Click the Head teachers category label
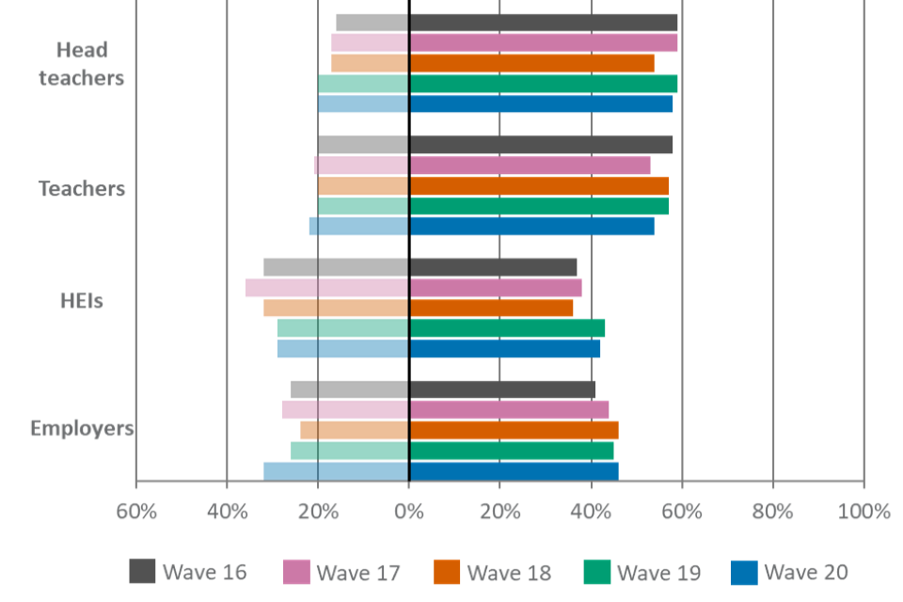click(82, 63)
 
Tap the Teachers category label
click(82, 188)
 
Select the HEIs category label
click(82, 302)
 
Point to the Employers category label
click(82, 428)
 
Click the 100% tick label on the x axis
click(863, 512)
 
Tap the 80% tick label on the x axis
click(773, 512)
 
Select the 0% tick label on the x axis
click(409, 512)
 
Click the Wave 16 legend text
click(204, 572)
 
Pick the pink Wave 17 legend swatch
click(296, 572)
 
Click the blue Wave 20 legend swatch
click(744, 572)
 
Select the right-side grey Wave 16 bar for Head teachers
click(544, 23)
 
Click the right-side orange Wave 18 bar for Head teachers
click(532, 63)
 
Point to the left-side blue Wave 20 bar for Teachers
click(358, 226)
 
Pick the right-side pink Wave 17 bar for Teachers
click(531, 166)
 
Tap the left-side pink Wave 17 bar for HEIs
click(326, 287)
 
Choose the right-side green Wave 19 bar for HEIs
click(508, 327)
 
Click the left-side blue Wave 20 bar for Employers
click(336, 470)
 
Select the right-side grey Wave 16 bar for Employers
click(503, 389)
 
